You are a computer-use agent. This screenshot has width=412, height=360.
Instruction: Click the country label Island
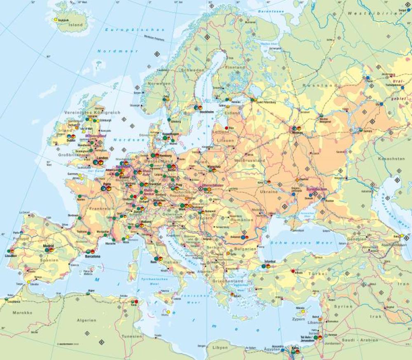pos(75,25)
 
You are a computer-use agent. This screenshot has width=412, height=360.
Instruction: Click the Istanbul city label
pos(270,261)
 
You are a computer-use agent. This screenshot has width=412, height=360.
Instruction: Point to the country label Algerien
pos(87,320)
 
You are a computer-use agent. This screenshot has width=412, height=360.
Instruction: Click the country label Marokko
pos(22,313)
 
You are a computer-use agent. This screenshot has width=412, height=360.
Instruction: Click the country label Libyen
pos(220,348)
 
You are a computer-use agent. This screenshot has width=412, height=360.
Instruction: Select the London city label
pos(102,158)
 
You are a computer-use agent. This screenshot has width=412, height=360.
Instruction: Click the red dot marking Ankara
pos(293,271)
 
